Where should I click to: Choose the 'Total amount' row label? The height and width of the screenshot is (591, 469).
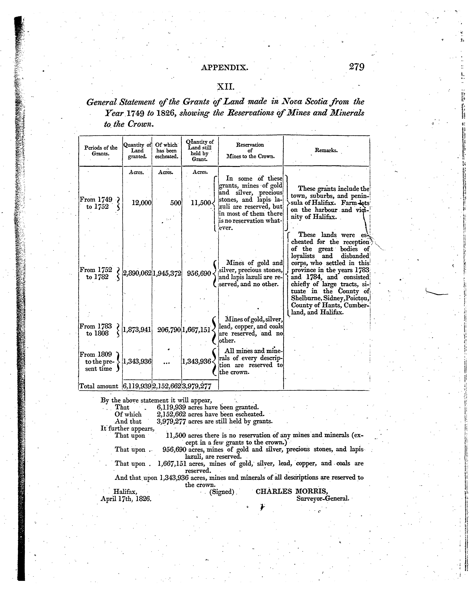[99, 386]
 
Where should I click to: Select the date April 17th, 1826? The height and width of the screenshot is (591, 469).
[126, 499]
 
